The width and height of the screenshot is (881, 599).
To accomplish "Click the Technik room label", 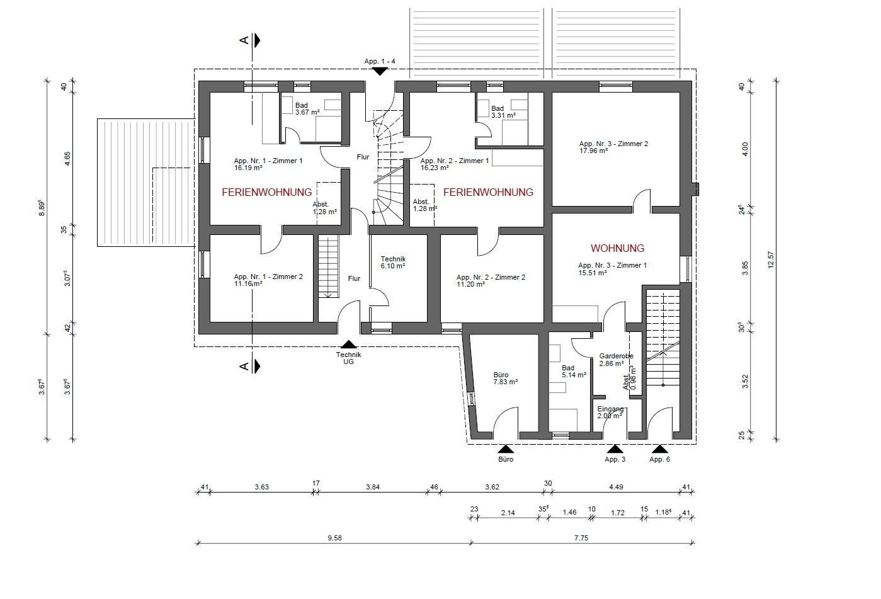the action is click(x=393, y=259).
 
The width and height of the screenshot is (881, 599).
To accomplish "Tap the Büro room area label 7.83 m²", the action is click(x=506, y=382).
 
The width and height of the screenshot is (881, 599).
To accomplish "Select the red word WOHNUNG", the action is click(x=618, y=249).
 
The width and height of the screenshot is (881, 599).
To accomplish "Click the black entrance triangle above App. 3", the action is click(x=615, y=448).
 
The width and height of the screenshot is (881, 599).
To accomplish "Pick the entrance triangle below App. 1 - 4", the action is click(x=380, y=71).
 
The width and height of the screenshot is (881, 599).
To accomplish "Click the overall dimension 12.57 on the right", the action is click(x=771, y=260).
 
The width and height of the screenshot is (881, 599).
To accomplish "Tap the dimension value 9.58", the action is click(x=334, y=538).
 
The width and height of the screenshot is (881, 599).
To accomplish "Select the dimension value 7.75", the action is click(x=581, y=538).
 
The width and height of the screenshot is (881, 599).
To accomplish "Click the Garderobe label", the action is click(x=616, y=356).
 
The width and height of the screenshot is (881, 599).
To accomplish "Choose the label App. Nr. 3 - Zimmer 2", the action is click(x=613, y=144).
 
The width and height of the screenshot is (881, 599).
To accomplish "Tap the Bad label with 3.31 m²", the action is click(x=497, y=108).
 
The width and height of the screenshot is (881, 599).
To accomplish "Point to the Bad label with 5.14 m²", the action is click(x=568, y=368).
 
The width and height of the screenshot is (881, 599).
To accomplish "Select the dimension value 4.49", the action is click(x=616, y=487).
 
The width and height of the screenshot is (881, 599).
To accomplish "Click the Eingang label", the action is click(x=610, y=409).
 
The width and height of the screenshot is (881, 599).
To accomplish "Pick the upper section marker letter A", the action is click(x=244, y=40).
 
